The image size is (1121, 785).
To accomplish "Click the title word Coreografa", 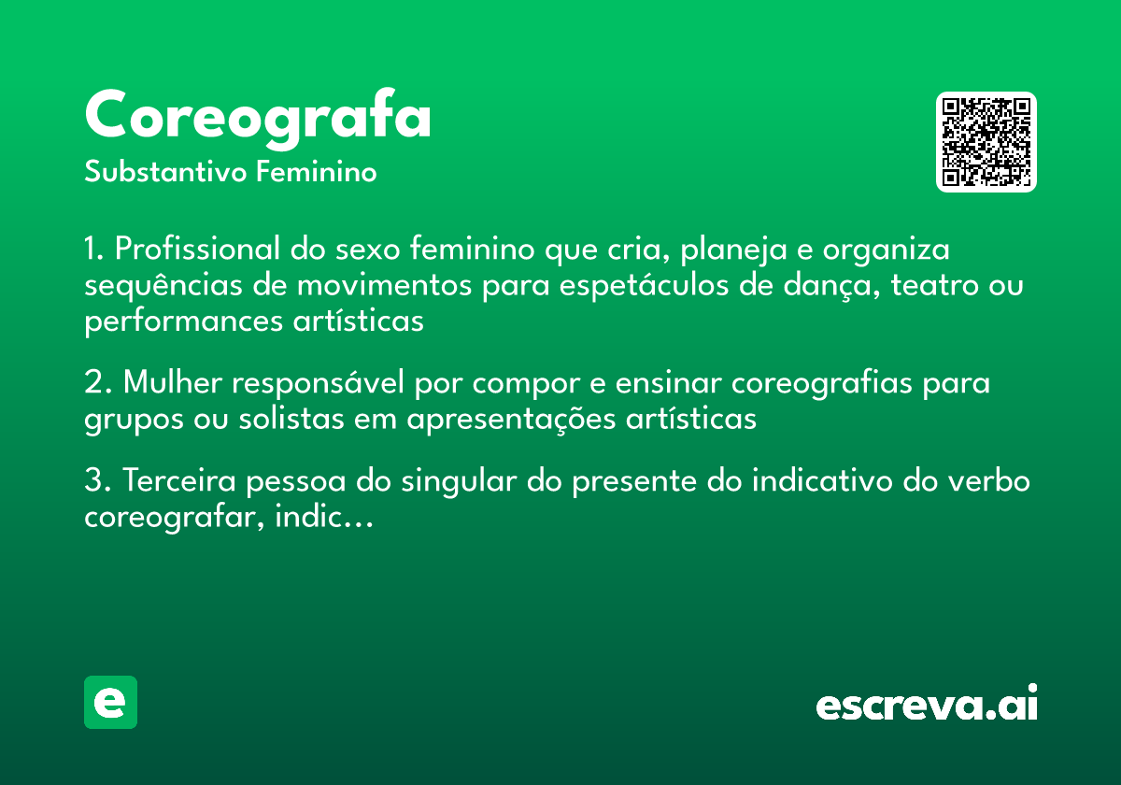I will [x=258, y=117].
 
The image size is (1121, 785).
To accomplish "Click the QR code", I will [x=986, y=142].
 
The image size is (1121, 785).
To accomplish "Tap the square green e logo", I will [x=110, y=702].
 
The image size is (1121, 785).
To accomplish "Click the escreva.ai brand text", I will [x=927, y=705].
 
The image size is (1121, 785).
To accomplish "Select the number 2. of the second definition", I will [x=98, y=383].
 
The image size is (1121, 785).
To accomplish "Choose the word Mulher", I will [x=172, y=383].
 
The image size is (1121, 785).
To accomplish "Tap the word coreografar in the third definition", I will [x=175, y=517].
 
